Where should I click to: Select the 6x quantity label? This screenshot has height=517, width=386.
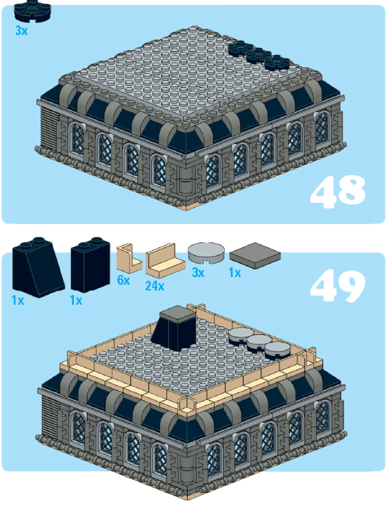point(124,280)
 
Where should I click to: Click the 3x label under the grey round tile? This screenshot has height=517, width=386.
point(198,272)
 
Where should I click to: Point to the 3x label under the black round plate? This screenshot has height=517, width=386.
point(21,31)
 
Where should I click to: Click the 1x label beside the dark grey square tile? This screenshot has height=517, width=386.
point(235,273)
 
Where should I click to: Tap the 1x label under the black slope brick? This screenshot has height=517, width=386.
point(18,300)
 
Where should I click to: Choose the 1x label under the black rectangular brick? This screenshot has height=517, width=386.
point(76,300)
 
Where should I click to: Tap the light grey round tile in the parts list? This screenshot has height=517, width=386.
point(206,253)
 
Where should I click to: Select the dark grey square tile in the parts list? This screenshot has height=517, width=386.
point(255,256)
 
